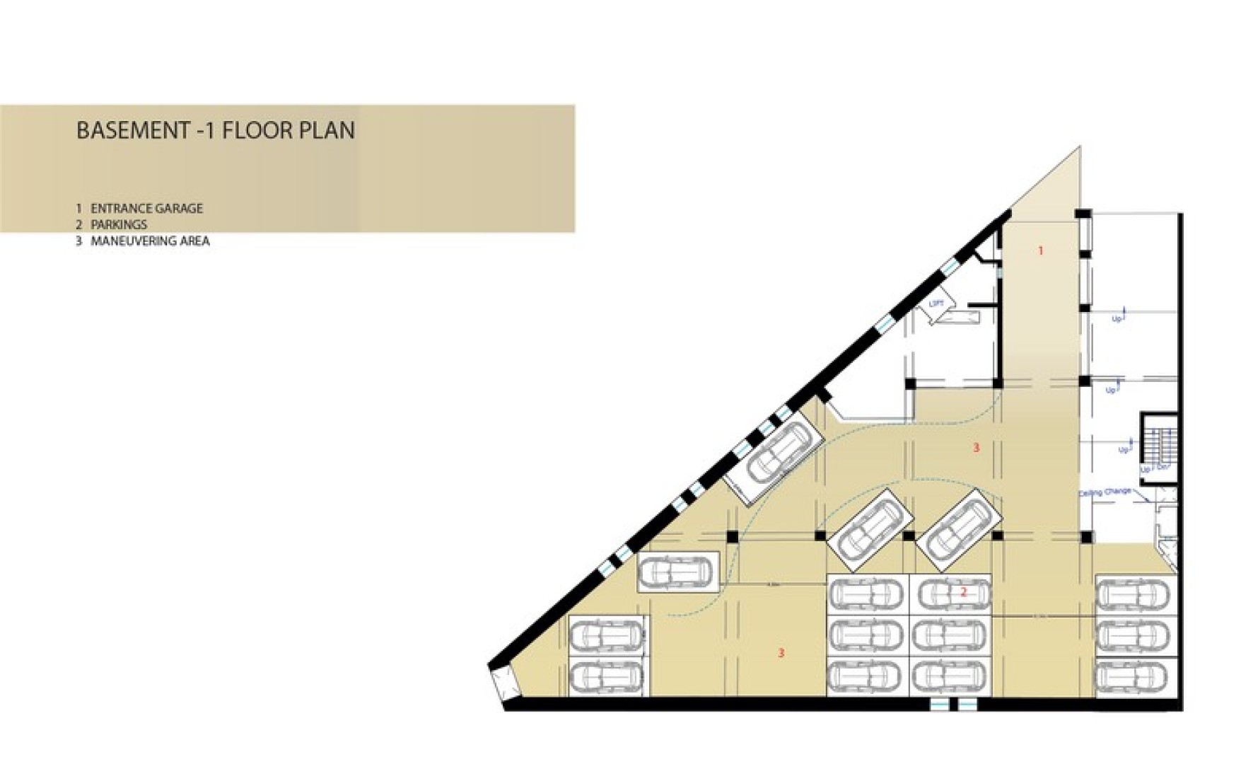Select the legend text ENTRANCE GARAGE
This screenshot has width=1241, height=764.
[x=146, y=209]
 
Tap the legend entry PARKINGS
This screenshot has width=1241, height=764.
[x=119, y=225]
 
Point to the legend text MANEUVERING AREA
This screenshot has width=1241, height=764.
[x=150, y=241]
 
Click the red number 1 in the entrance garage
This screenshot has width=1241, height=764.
[x=1040, y=250]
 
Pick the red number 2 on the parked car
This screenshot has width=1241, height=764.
[x=963, y=592]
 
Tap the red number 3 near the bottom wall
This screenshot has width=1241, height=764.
[x=781, y=653]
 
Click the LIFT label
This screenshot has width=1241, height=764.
[x=936, y=303]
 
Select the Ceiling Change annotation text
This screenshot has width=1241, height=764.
[x=1105, y=492]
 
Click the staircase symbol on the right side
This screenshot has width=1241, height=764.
[x=1159, y=447]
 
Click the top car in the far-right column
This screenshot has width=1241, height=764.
[x=1136, y=594]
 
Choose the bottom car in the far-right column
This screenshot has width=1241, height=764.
[x=1136, y=677]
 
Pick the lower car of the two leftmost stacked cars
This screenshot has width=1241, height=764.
[x=607, y=677]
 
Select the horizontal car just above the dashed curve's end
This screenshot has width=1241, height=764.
[x=677, y=572]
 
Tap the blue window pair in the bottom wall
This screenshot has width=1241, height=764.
[x=952, y=705]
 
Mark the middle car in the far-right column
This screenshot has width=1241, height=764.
[x=1136, y=635]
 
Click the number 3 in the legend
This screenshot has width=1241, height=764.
[x=79, y=241]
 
